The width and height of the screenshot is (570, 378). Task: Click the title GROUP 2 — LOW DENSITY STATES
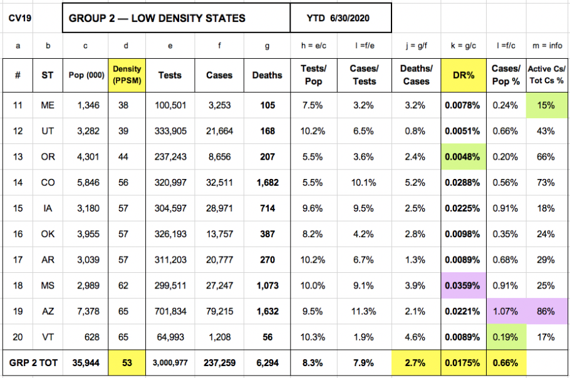pyautogui.click(x=157, y=18)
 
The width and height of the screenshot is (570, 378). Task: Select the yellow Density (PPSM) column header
pyautogui.click(x=127, y=75)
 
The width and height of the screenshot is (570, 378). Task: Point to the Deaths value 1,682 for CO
pyautogui.click(x=267, y=182)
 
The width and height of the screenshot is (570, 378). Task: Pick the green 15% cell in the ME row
pyautogui.click(x=546, y=106)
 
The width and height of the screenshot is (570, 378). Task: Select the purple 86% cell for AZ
pyautogui.click(x=546, y=312)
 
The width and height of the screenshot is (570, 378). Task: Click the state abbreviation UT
pyautogui.click(x=48, y=131)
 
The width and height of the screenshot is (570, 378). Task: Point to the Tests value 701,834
pyautogui.click(x=170, y=312)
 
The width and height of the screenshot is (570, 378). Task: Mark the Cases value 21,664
pyautogui.click(x=219, y=131)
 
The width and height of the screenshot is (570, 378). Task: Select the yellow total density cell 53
pyautogui.click(x=127, y=363)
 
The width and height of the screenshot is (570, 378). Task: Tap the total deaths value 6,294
pyautogui.click(x=267, y=363)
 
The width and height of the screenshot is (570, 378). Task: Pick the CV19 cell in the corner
pyautogui.click(x=18, y=18)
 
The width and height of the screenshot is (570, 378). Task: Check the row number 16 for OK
pyautogui.click(x=18, y=234)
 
